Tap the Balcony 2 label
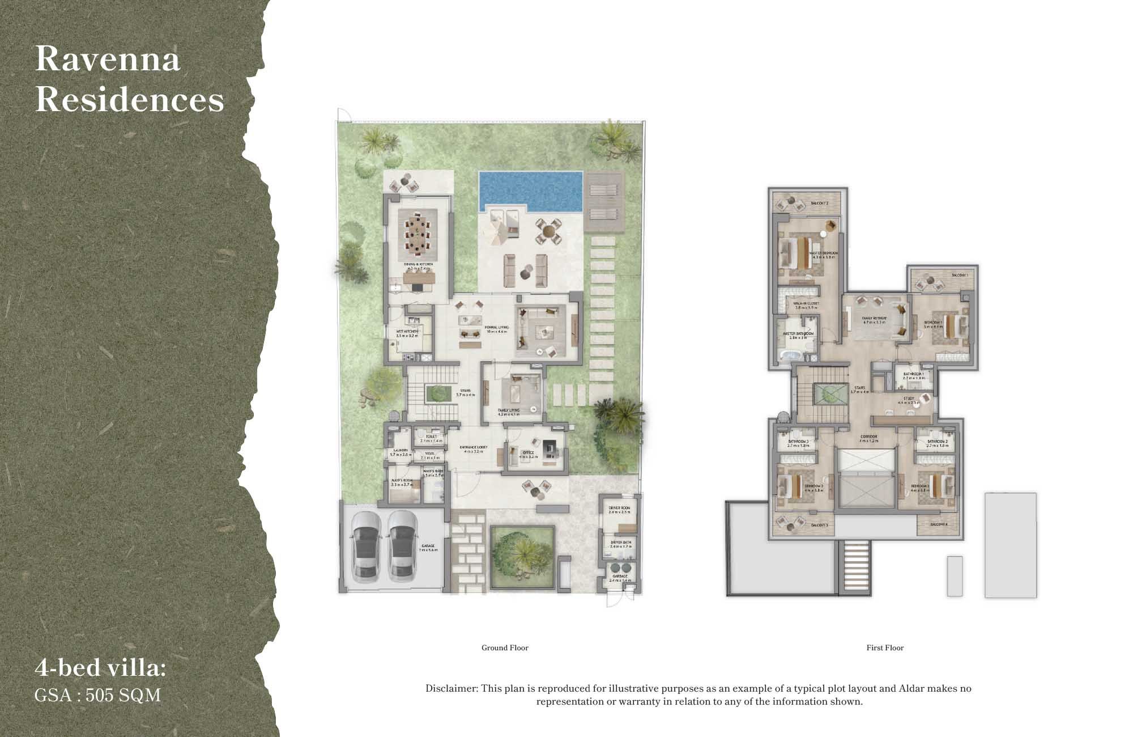tap(819, 203)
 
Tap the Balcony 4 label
tap(938, 524)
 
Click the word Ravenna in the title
tap(108, 58)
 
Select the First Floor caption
tap(885, 647)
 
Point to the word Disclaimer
tap(452, 688)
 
